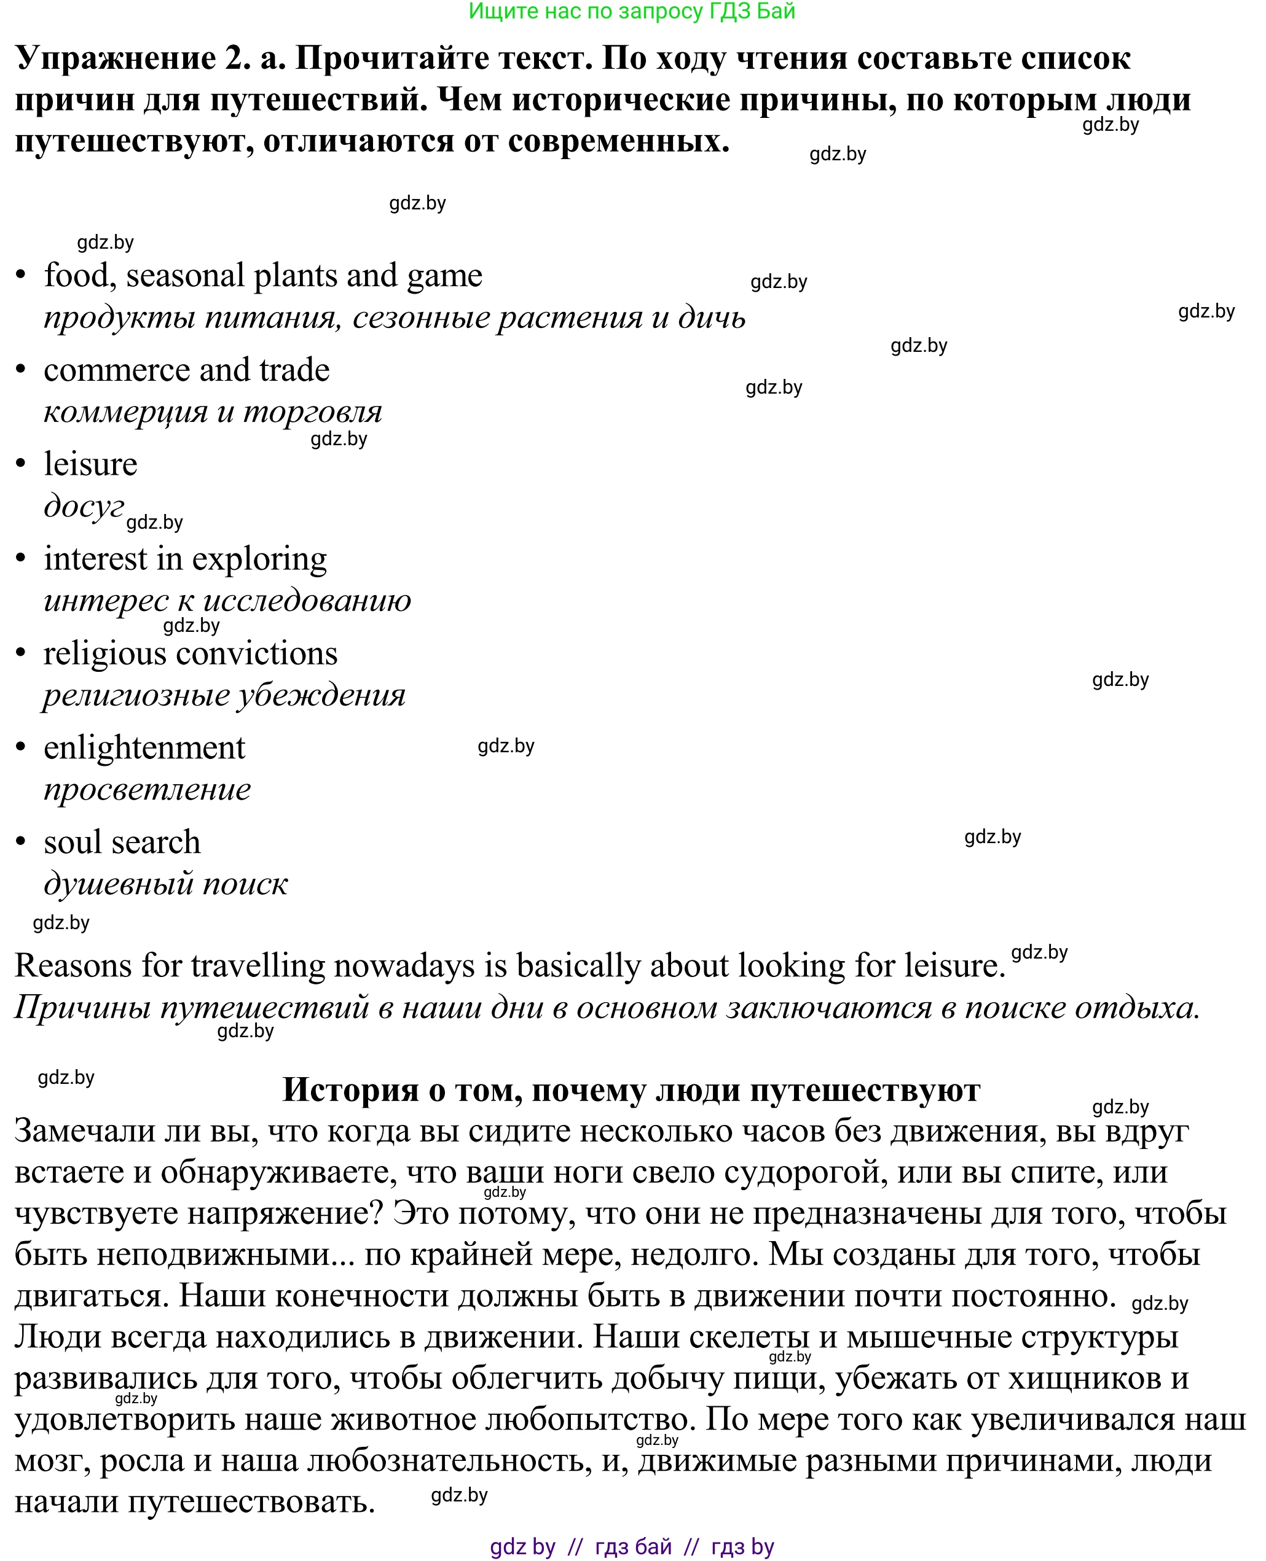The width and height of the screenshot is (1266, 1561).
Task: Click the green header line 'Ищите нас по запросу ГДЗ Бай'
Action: point(632,12)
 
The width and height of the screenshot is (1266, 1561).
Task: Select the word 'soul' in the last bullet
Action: point(73,843)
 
